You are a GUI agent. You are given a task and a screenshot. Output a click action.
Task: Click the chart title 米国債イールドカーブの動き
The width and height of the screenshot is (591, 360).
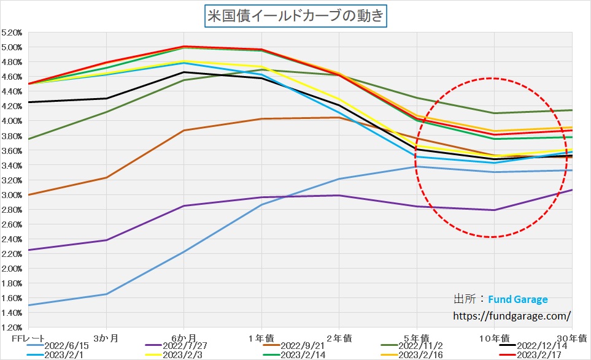click(x=296, y=15)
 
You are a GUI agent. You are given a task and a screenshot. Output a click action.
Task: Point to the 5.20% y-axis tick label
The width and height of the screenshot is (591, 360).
click(x=12, y=32)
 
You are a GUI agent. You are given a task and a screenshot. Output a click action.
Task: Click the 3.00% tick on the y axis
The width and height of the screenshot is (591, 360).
click(x=12, y=195)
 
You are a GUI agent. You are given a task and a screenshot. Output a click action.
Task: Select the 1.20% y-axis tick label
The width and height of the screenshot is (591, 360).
click(x=12, y=328)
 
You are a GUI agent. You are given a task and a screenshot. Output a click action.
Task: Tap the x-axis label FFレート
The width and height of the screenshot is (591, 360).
click(x=27, y=338)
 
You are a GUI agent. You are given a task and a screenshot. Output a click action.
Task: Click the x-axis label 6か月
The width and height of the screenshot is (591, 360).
click(x=183, y=338)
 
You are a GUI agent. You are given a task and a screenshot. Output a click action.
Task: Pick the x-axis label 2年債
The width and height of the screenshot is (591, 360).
click(x=339, y=338)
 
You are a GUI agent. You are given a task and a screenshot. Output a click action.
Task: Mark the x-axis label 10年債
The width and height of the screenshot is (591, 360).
click(x=493, y=338)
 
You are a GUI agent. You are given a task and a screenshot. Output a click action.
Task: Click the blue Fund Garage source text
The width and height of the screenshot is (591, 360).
click(x=517, y=299)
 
